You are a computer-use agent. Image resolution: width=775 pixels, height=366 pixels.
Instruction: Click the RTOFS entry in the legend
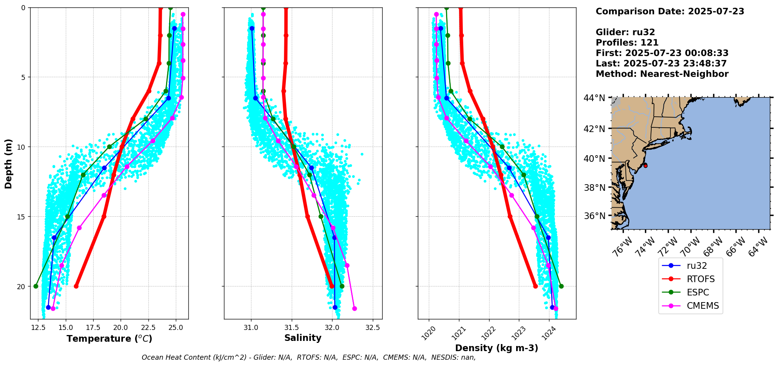700,279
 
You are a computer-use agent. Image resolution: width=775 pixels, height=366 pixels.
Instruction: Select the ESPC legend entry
698,292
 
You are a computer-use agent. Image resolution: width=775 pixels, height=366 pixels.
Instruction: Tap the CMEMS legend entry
703,306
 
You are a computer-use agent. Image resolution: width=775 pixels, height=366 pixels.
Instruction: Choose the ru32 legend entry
697,266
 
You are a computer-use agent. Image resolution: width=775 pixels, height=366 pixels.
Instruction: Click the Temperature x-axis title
109,339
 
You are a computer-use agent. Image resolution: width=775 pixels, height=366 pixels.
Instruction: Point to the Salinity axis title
303,338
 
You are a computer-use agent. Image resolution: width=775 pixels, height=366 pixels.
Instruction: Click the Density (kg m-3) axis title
497,348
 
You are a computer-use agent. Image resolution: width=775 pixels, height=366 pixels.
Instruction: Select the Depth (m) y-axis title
9,163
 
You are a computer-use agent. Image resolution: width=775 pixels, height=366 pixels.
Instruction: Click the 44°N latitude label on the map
594,98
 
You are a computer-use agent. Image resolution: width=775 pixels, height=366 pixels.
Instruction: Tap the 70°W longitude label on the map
689,247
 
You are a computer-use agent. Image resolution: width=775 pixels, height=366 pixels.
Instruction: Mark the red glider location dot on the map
645,166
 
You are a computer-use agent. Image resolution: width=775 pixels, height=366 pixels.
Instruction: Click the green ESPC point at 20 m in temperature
36,286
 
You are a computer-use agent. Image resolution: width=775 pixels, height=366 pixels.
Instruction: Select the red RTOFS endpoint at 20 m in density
535,286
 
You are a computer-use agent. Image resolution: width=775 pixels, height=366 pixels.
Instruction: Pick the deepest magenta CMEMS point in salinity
354,308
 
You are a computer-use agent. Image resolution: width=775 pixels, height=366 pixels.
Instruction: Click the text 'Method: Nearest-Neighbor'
662,74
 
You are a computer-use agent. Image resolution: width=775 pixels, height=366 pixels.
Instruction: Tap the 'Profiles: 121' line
627,43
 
